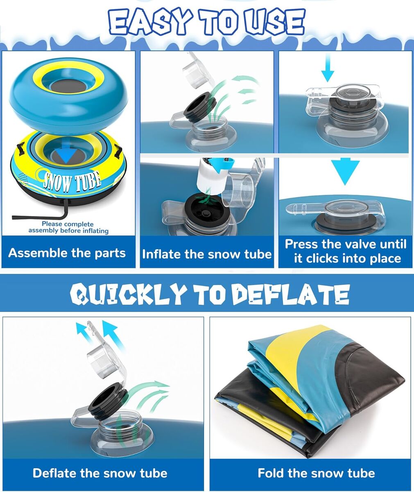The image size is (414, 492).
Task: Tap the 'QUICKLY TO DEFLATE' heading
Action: pos(210,295)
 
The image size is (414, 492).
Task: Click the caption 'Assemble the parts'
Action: pos(67,253)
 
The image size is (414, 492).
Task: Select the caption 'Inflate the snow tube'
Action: pos(207,254)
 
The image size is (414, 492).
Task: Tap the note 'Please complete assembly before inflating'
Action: pos(68,227)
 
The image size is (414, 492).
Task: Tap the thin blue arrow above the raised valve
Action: pos(327,68)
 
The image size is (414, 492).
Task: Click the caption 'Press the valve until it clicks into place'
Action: pos(346,251)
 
